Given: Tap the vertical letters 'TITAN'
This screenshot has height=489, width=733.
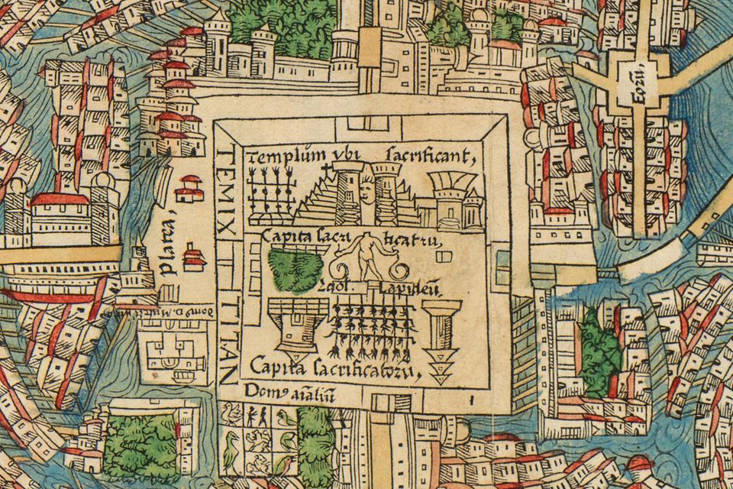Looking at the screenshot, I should point(224,336).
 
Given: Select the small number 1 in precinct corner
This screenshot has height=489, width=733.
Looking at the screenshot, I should point(473,398).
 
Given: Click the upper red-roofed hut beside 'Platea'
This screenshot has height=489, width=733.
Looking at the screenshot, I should point(188,186).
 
